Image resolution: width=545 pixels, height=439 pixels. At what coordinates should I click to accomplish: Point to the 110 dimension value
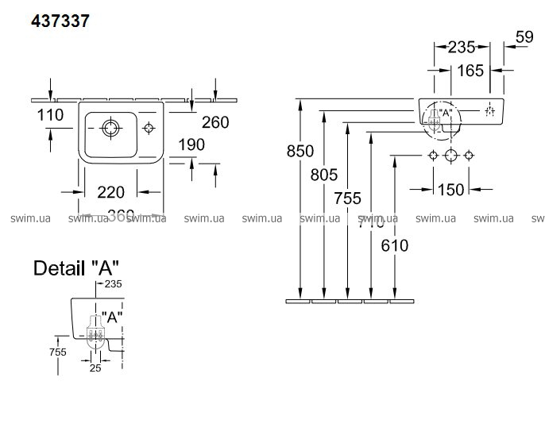click(50, 116)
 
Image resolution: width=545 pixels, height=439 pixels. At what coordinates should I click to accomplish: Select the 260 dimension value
click(215, 121)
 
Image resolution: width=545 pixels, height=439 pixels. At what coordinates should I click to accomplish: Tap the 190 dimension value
click(191, 144)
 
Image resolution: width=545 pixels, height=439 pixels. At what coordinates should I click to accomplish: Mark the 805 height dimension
click(325, 175)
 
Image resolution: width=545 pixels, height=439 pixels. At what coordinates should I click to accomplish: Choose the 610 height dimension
click(395, 245)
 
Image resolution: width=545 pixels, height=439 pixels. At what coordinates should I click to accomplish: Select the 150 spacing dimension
click(450, 189)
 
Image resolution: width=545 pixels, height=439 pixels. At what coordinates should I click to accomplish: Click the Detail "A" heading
click(76, 268)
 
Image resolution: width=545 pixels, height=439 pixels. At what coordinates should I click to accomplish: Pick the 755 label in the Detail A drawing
click(56, 352)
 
